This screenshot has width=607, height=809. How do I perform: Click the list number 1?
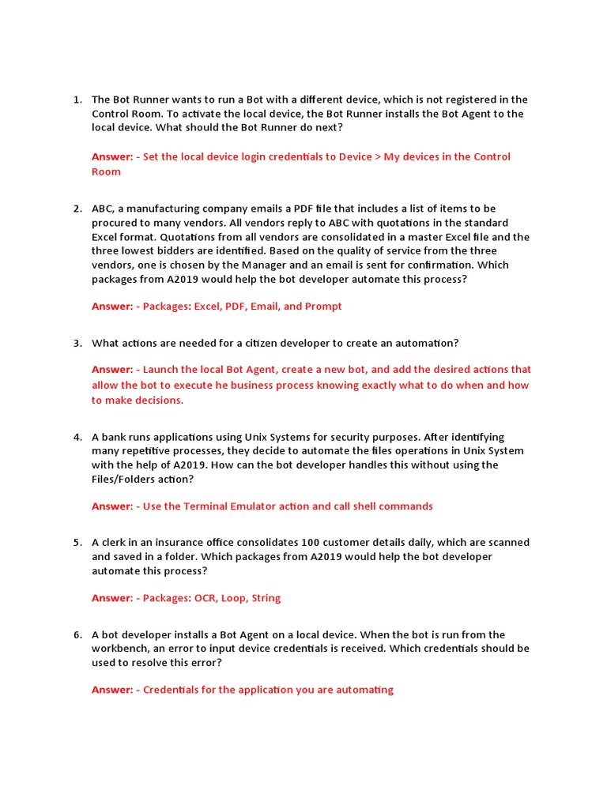tap(77, 100)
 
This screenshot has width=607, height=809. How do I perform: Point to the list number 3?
tap(77, 343)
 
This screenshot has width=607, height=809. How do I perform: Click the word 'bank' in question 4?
tap(115, 437)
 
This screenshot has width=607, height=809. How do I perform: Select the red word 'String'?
tap(266, 598)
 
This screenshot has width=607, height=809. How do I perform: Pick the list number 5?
tap(77, 543)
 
